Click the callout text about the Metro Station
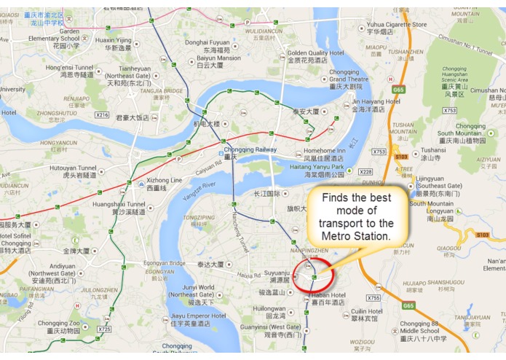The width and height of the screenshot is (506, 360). click(x=356, y=219)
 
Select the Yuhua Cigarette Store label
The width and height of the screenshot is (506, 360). click(x=397, y=25)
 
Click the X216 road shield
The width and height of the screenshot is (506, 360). click(x=102, y=115)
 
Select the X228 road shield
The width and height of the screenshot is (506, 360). click(x=365, y=171)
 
